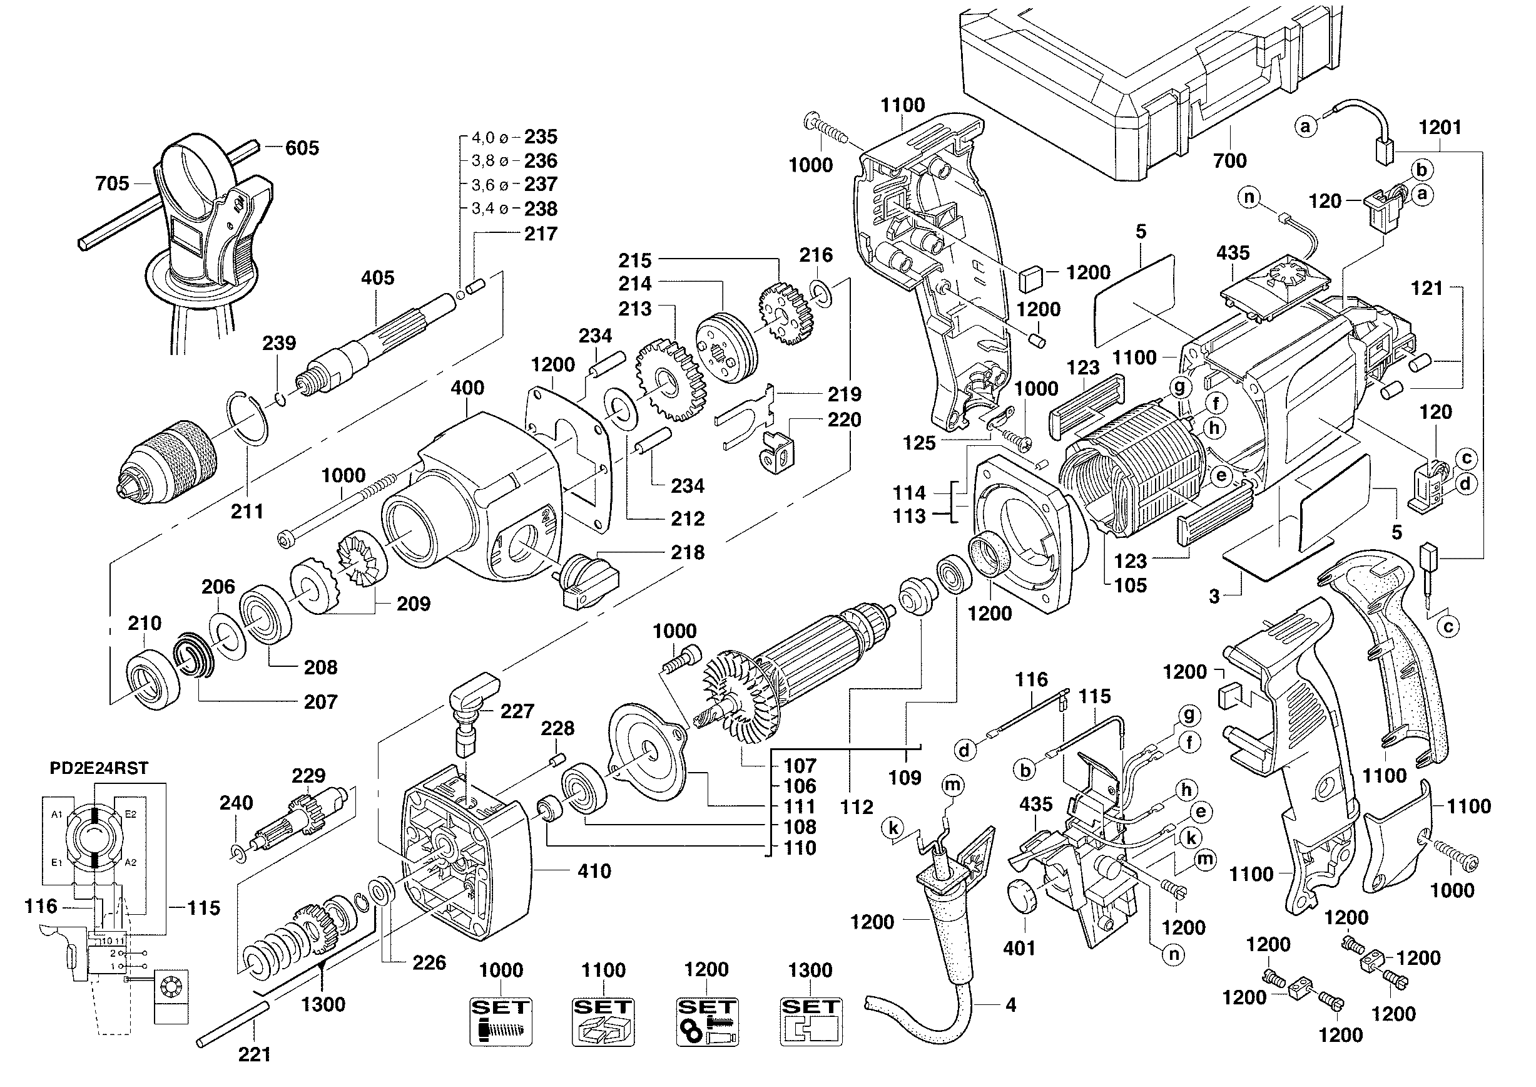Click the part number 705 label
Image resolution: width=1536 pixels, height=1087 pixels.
click(x=112, y=183)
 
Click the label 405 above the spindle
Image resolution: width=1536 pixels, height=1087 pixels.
click(x=377, y=278)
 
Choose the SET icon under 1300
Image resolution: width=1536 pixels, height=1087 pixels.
click(x=811, y=1021)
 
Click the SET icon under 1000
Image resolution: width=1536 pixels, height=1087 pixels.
click(x=501, y=1021)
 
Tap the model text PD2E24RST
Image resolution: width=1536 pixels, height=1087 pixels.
click(x=99, y=768)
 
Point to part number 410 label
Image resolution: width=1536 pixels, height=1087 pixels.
click(x=593, y=871)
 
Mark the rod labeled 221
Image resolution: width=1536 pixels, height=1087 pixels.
click(x=234, y=1024)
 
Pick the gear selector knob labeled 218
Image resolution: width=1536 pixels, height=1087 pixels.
click(x=588, y=580)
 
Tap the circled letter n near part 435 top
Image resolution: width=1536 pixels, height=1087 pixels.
click(x=1249, y=197)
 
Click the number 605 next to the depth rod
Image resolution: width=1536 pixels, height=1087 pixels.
click(x=302, y=148)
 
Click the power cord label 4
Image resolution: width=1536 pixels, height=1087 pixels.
click(x=1010, y=1005)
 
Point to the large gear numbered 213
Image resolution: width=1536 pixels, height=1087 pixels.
click(x=669, y=382)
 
